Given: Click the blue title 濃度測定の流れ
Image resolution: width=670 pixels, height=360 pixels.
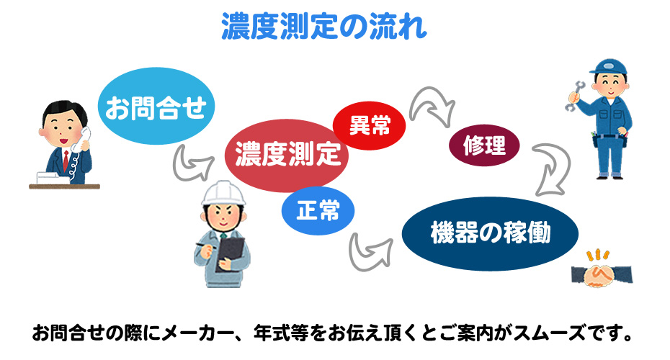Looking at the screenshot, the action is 324,27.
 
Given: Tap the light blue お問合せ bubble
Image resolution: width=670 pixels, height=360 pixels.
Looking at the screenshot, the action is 156,106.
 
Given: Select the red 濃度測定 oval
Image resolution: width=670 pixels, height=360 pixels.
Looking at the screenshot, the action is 287,156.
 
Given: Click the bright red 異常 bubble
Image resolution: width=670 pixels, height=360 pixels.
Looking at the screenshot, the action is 369,125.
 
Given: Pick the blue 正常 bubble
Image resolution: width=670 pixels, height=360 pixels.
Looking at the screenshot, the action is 318,210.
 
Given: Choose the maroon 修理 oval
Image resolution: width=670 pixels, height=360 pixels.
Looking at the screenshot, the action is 484,145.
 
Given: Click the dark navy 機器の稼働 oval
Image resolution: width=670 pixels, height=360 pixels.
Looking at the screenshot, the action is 490,233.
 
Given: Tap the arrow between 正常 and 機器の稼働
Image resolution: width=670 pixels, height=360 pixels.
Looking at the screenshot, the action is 368,253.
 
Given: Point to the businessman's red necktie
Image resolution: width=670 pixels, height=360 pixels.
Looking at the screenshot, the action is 66,160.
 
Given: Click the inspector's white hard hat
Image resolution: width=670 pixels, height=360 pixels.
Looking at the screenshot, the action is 224,193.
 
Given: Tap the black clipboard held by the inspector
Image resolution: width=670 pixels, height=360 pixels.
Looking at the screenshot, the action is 231,253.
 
